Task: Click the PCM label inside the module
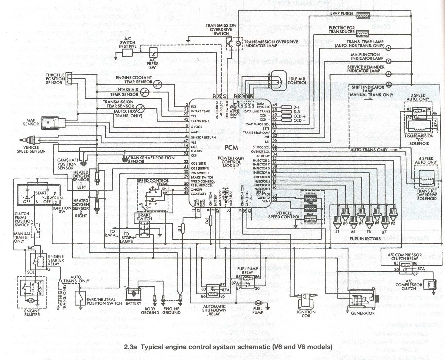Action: (231, 147)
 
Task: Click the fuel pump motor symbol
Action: (258, 302)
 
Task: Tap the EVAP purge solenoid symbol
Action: (362, 15)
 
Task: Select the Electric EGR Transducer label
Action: (342, 29)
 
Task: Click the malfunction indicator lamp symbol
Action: (388, 60)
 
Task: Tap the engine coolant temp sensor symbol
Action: (157, 84)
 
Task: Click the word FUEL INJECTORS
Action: (365, 239)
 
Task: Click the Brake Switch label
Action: (144, 217)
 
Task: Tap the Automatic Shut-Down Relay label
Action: (214, 310)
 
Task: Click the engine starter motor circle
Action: (30, 301)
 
